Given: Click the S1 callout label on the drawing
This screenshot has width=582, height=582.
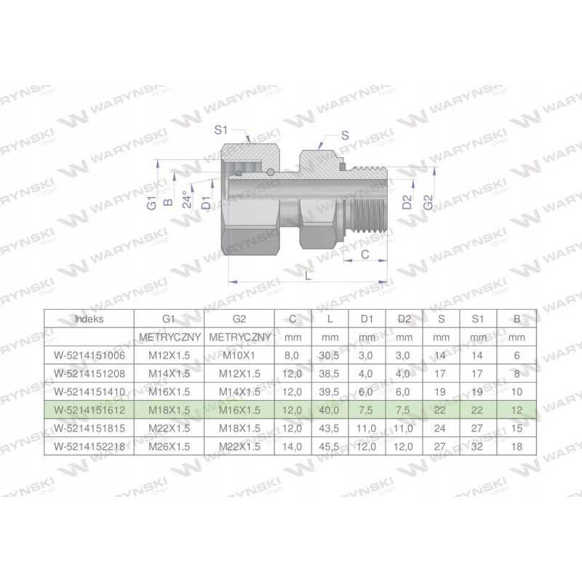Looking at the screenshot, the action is coord(221,130).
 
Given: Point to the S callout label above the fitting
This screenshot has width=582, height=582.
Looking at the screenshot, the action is coord(345,135).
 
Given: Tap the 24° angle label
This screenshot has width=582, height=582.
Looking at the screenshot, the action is coord(188,199).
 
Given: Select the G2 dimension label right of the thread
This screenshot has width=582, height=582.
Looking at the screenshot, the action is coord(428,202).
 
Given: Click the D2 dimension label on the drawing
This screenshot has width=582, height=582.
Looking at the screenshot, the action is coord(407,202).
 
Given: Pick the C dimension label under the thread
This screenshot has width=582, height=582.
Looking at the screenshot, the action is coord(365,254).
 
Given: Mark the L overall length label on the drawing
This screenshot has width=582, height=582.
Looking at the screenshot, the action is coord(308,276).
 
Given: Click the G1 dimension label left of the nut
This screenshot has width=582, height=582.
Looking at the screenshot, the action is coord(151,203).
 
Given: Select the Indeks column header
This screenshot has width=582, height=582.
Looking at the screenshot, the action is coord(89,319).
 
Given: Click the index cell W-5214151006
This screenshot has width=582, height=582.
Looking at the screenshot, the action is coord(89,356).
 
